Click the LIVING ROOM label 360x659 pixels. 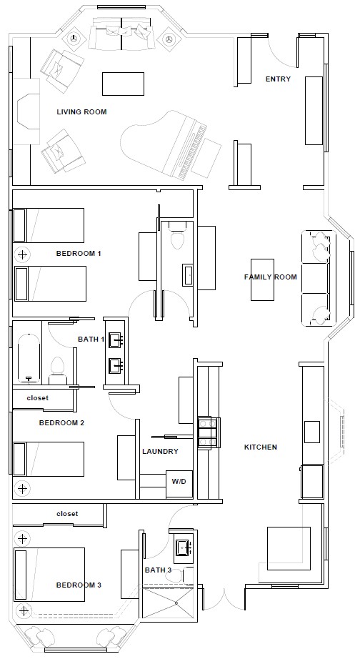81,112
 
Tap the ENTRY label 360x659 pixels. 278,79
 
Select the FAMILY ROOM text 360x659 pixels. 271,277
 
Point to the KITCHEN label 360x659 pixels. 261,447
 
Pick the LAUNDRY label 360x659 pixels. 160,452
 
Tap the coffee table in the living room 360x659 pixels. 123,84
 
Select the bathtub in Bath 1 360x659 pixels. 29,358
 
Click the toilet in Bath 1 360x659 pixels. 58,370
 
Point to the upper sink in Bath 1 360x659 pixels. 116,340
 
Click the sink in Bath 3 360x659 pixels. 183,547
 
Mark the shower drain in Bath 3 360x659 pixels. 176,603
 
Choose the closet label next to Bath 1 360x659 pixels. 37,398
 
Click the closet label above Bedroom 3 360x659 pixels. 67,514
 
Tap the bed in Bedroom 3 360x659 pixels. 49,574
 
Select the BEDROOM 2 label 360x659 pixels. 61,423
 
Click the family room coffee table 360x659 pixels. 263,279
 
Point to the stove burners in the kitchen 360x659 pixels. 209,432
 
